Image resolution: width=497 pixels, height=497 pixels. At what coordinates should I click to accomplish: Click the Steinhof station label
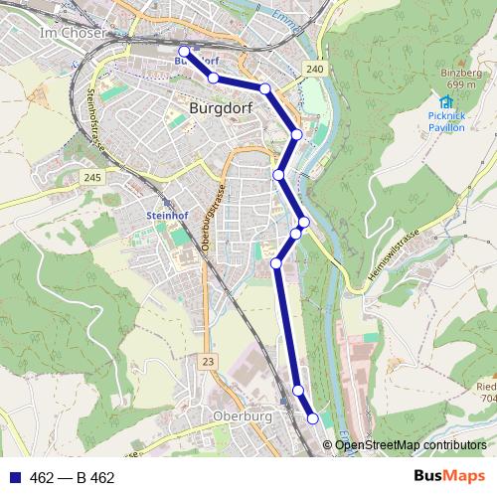pos(167,215)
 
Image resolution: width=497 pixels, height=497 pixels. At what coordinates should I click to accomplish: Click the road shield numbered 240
pos(315,68)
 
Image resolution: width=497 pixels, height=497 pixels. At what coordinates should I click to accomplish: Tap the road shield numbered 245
pos(92,177)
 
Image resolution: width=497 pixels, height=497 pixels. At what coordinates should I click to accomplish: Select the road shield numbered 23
pos(207,360)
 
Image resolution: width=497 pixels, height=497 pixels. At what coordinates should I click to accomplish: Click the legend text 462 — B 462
pos(73,478)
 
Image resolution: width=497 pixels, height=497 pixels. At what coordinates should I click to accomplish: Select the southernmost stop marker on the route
pos(313,418)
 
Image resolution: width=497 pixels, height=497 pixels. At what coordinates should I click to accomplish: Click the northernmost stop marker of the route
pos(183,51)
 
